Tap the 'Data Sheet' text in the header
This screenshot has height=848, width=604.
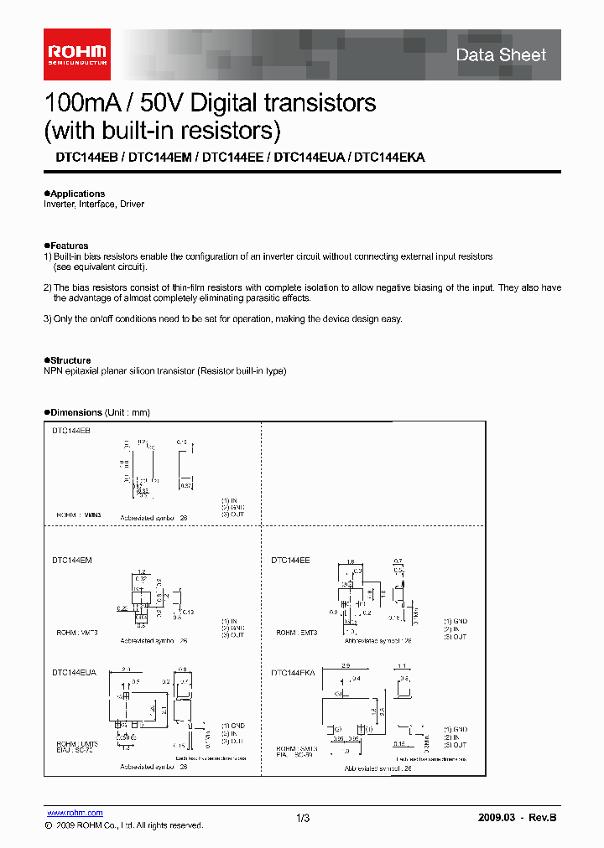coord(501,55)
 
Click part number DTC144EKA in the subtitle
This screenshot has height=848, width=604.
coord(389,157)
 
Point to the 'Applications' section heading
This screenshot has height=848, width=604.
coord(75,194)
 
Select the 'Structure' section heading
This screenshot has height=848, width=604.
coord(70,360)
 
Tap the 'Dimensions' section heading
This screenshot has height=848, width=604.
coord(75,412)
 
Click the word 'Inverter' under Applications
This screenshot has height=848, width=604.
coord(59,204)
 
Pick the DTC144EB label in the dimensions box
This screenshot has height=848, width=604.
coord(70,430)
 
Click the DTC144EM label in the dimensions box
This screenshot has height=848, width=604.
coord(71,559)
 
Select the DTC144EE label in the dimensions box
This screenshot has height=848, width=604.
coord(290,559)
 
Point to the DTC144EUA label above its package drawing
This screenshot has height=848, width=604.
coord(74,672)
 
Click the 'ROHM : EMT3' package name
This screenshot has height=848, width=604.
coord(298,633)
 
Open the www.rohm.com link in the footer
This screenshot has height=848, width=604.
coord(75,813)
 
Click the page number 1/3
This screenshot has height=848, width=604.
coord(303,818)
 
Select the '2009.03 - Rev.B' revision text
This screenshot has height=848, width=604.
coord(517,818)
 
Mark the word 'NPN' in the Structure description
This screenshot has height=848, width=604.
coord(53,370)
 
